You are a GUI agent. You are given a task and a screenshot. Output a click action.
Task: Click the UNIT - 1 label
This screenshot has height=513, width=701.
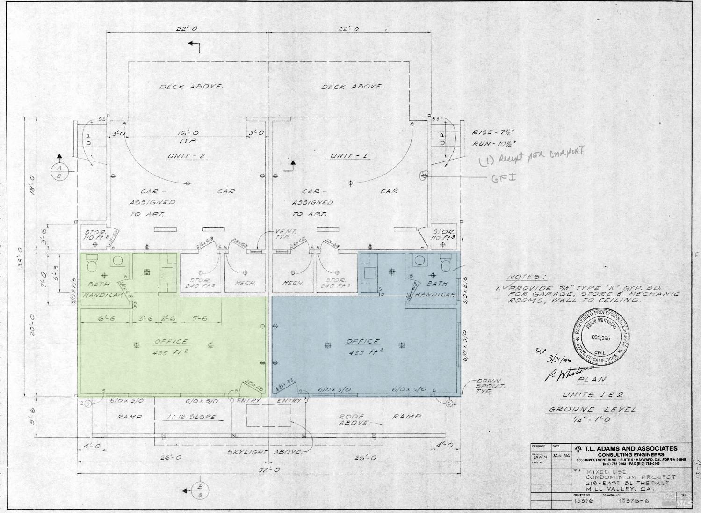(348, 156)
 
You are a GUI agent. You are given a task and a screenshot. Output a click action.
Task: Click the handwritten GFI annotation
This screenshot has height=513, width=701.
(503, 177)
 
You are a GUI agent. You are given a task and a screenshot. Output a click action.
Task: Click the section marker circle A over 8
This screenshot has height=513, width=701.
(59, 172)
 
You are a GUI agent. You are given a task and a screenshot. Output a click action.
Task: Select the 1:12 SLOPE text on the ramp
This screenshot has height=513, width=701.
(192, 417)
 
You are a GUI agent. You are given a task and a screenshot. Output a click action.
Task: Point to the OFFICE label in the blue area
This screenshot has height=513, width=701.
(363, 341)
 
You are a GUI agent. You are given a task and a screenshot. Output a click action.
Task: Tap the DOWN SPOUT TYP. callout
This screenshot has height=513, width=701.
(488, 386)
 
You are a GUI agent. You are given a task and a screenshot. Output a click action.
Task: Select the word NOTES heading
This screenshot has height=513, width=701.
(526, 277)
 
